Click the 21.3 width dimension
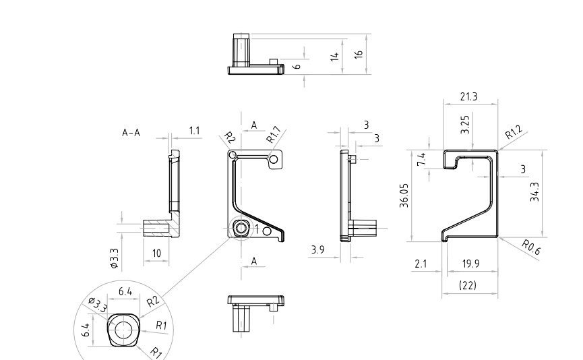[x=468, y=96]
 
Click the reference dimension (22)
[x=468, y=286]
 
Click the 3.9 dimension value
[x=317, y=251]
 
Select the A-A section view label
[x=131, y=133]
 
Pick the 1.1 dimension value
[x=194, y=131]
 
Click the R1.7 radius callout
[x=274, y=136]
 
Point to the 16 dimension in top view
[x=359, y=53]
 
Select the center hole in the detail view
[x=123, y=330]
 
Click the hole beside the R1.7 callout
[x=273, y=158]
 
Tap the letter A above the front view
[x=254, y=125]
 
